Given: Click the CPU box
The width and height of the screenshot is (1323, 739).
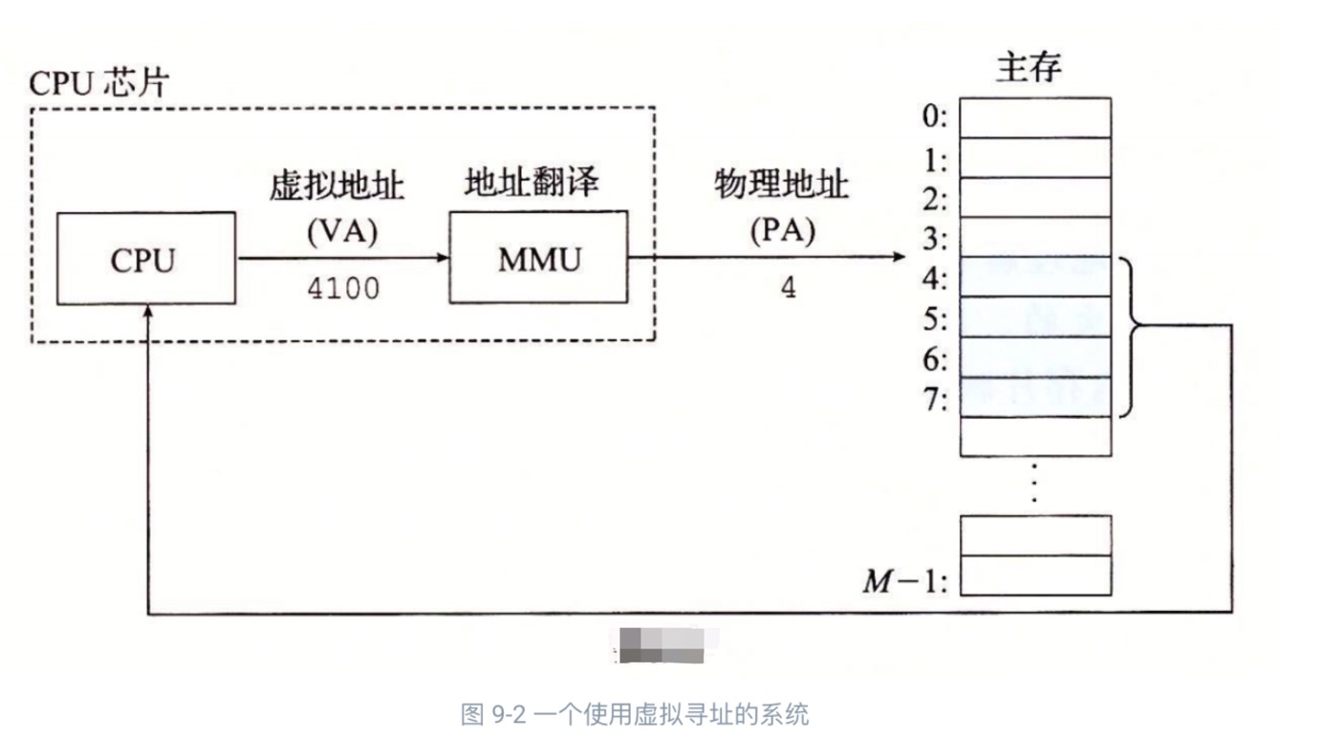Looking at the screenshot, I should click(x=145, y=258).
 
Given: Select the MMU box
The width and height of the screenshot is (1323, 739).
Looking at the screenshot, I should click(x=538, y=257).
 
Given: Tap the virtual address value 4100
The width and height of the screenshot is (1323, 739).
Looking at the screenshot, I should click(x=343, y=288).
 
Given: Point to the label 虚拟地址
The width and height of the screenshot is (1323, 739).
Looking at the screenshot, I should click(x=336, y=186).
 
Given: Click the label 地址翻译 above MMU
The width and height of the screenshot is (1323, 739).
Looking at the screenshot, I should click(x=531, y=182).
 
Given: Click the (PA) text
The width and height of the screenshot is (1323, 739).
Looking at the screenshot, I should click(x=781, y=232).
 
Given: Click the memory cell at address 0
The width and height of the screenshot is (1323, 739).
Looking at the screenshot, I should click(x=1035, y=118).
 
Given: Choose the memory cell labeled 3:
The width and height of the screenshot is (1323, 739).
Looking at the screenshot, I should click(x=1035, y=237).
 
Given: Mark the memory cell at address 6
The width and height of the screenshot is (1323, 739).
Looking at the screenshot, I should click(x=1035, y=358).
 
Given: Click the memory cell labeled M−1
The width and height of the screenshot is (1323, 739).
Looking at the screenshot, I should click(x=1035, y=576).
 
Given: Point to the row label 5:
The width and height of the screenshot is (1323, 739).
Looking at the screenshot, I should click(x=934, y=318).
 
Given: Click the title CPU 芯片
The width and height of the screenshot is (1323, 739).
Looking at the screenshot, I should click(x=98, y=83).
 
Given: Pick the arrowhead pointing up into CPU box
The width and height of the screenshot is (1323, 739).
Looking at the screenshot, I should click(x=148, y=313).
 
